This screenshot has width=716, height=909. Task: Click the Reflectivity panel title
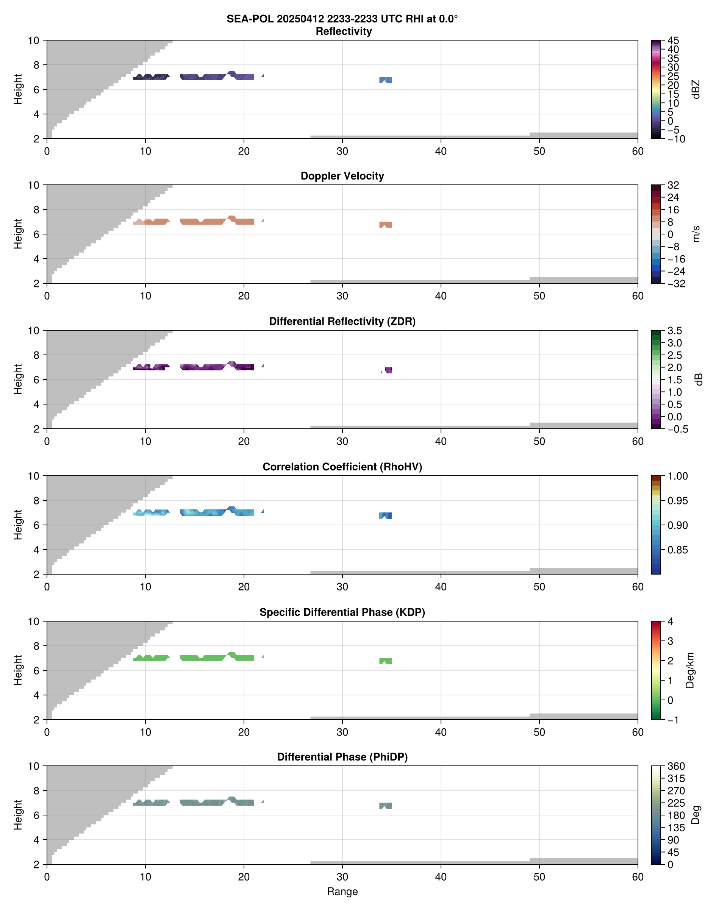344,31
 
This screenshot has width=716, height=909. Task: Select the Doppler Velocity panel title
342,176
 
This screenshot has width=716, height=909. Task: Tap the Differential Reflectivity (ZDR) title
342,322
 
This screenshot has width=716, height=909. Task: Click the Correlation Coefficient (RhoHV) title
342,467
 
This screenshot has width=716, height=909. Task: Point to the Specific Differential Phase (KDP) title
342,612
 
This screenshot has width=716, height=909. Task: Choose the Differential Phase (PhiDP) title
342,757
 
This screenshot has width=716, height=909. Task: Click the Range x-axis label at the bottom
342,892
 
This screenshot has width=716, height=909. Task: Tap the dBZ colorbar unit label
696,89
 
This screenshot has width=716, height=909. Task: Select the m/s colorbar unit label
696,234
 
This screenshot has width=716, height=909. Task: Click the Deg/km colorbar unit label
689,670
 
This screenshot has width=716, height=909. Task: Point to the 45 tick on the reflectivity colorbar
673,41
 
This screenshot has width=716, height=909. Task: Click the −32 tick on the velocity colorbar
676,284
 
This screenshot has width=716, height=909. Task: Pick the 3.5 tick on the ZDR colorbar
674,331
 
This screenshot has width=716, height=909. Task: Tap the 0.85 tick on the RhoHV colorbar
677,550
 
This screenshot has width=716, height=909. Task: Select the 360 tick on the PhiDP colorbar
676,767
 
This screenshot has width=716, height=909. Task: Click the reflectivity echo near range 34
386,80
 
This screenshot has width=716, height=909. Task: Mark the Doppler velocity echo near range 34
386,225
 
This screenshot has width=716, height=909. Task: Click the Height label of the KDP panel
17,670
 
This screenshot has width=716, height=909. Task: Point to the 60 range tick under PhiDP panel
638,877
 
